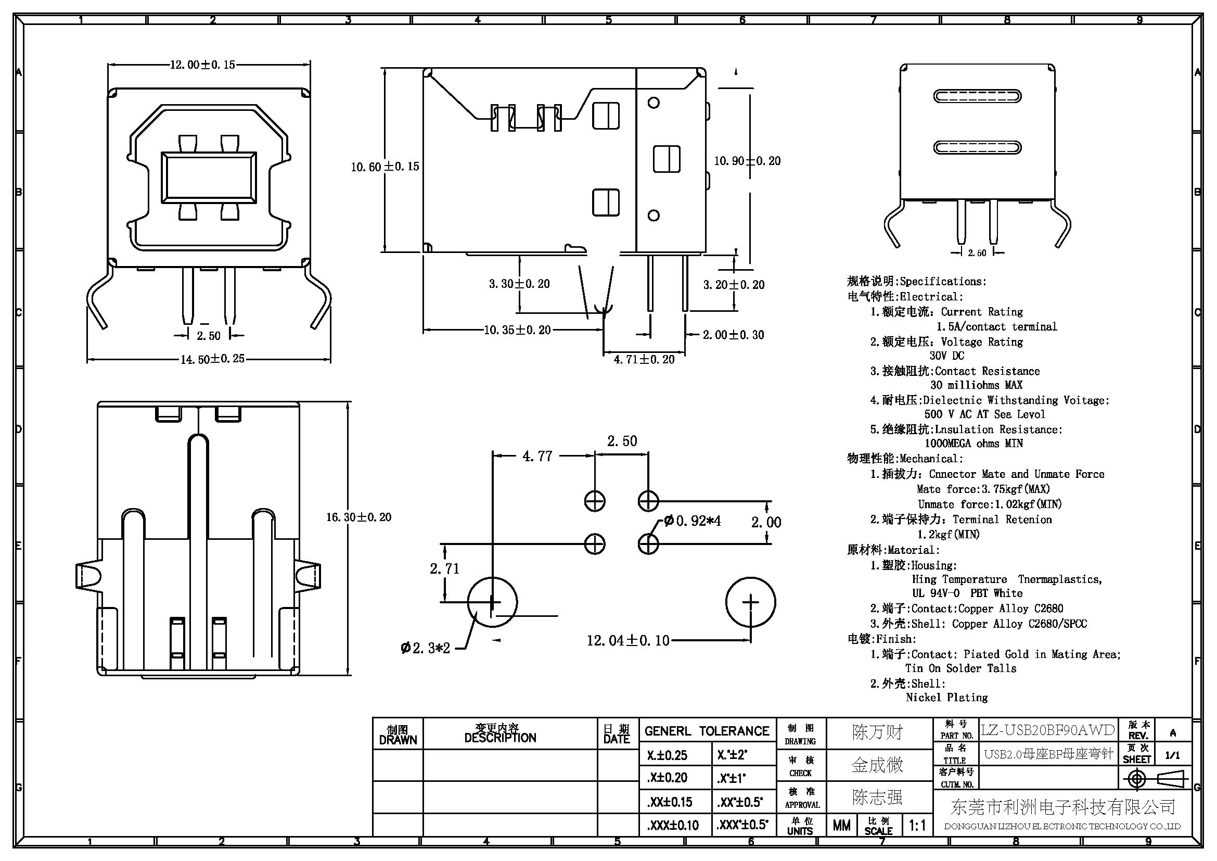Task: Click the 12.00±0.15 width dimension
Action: pos(202,65)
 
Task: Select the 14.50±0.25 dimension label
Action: pos(213,359)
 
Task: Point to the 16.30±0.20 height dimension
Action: pos(359,517)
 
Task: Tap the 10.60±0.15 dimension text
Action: pos(385,167)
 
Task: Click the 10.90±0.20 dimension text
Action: pos(747,161)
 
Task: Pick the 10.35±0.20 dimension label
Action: pos(517,330)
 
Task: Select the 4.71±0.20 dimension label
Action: pos(644,360)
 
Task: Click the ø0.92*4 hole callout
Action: pos(692,521)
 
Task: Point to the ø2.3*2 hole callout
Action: pos(426,648)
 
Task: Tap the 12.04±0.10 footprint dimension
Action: pos(628,640)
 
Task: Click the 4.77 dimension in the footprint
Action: pos(537,456)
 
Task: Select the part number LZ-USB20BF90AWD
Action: pos(1047,730)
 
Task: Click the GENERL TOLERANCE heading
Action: pos(707,731)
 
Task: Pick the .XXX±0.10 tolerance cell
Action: pos(673,825)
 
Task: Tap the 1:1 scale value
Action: pos(917,825)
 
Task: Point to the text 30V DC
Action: pos(946,356)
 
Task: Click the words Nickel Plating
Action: pos(946,698)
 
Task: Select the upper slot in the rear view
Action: pos(978,96)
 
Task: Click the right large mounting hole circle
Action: pos(750,602)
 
